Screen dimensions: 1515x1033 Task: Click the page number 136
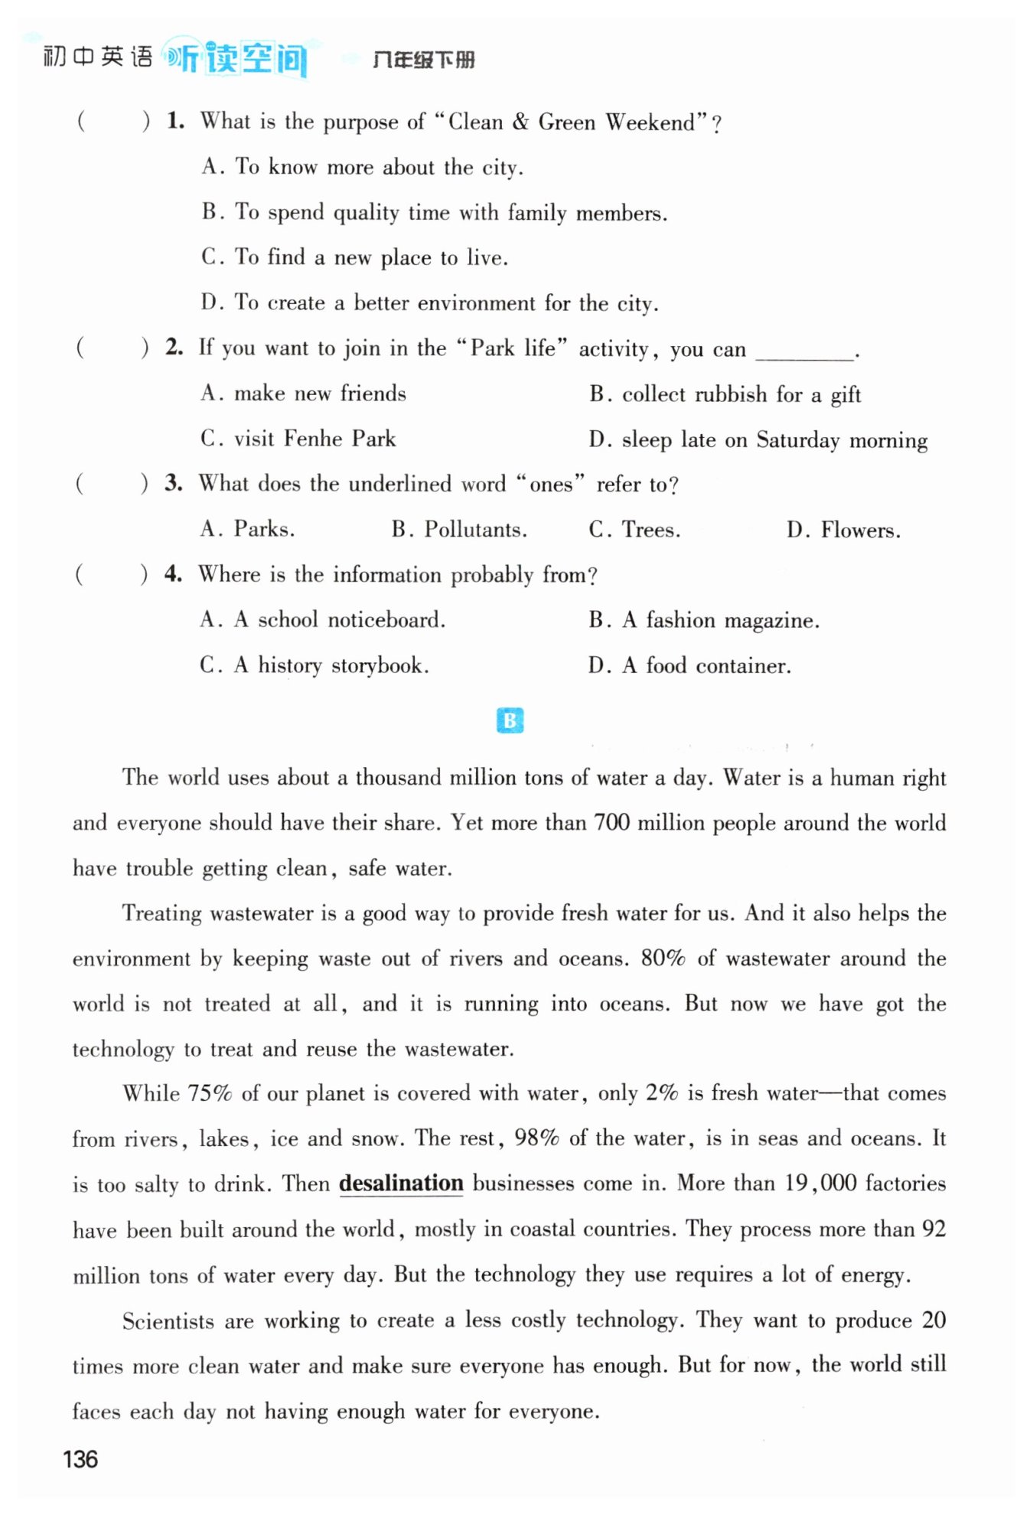click(80, 1459)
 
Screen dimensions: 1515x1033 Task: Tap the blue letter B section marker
click(510, 720)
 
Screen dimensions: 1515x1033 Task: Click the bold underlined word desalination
click(401, 1184)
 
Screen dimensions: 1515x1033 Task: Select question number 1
click(175, 121)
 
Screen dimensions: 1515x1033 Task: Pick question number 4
click(173, 574)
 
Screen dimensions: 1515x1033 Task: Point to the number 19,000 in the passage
click(820, 1184)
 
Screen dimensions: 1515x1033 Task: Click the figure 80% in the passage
click(663, 958)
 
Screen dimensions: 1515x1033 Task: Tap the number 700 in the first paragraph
click(611, 823)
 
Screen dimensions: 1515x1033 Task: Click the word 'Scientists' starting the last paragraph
click(168, 1321)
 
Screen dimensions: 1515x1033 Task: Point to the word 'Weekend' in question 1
click(651, 122)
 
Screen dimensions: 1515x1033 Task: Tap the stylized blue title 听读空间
click(237, 57)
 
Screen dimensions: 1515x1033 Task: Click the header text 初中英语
click(97, 57)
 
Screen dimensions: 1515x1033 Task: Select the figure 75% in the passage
click(210, 1093)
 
